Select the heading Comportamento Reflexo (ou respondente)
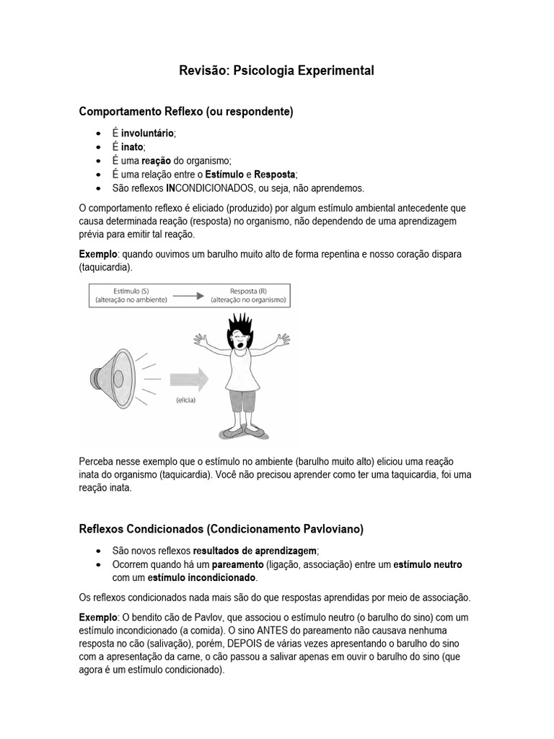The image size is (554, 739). point(185,112)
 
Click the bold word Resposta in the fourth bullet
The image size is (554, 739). point(275,175)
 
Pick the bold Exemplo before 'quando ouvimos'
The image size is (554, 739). point(97,255)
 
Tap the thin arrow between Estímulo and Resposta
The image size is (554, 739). point(189,295)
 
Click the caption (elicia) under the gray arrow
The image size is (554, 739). point(185,401)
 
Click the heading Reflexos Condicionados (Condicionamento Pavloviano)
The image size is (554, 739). point(221,529)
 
